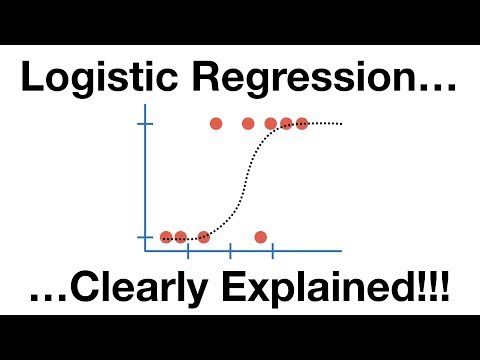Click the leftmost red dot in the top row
[215, 124]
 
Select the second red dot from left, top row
[248, 124]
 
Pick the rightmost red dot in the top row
[302, 124]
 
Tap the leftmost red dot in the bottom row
[166, 237]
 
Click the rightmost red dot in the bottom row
[261, 237]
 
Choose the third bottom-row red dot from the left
[204, 237]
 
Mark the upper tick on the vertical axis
[146, 124]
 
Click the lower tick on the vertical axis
[146, 237]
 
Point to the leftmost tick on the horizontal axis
[188, 250]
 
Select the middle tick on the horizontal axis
[230, 250]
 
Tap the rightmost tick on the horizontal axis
[272, 250]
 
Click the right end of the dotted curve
[342, 123]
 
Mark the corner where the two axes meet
[146, 250]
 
